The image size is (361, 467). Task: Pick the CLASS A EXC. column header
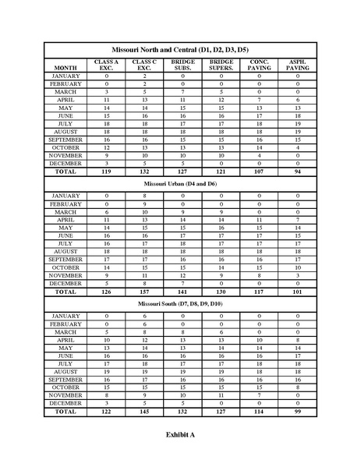pyautogui.click(x=106, y=65)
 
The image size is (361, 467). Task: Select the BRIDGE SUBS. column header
pyautogui.click(x=183, y=65)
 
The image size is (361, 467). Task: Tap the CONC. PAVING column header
pyautogui.click(x=260, y=65)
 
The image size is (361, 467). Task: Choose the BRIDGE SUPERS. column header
pyautogui.click(x=221, y=65)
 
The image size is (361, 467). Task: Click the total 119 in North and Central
pyautogui.click(x=106, y=172)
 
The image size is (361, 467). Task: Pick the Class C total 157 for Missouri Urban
pyautogui.click(x=144, y=292)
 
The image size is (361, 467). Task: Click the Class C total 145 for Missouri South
pyautogui.click(x=144, y=412)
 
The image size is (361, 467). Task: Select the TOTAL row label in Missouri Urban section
pyautogui.click(x=65, y=292)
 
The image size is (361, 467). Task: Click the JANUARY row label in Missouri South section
pyautogui.click(x=65, y=316)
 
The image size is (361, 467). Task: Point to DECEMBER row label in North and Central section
pyautogui.click(x=65, y=164)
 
